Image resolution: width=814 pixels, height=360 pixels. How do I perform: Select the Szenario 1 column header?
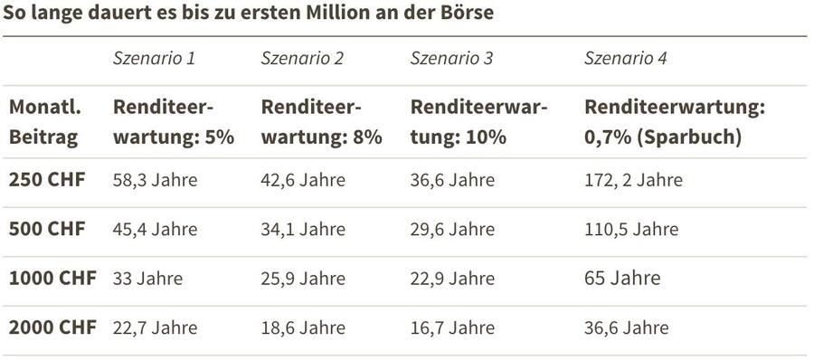pos(154,60)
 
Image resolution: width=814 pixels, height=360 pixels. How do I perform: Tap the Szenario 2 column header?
pos(302,60)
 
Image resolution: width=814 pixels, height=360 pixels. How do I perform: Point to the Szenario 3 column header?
pos(451,60)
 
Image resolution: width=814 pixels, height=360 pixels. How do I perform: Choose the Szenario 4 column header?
pos(626,60)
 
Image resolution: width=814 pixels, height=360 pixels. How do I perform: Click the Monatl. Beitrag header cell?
pos(45,122)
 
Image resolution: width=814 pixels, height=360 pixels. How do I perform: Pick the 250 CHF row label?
pos(47,179)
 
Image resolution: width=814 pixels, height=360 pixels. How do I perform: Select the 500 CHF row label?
pos(47,229)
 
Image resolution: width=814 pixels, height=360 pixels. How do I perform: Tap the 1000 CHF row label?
pos(52,278)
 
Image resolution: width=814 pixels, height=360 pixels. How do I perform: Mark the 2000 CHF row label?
pos(52,327)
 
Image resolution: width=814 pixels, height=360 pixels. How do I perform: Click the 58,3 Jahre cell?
pos(155,180)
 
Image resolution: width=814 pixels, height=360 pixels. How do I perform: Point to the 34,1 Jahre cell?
pos(303,229)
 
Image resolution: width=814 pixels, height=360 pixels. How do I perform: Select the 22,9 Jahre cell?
pos(452,278)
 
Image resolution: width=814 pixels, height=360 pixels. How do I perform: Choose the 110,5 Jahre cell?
pos(631,229)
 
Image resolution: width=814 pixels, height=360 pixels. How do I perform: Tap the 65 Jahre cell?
pos(622,278)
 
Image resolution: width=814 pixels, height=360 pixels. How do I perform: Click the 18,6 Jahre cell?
pos(303,327)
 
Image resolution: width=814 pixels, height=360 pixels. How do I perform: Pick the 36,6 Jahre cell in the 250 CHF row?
pos(452,180)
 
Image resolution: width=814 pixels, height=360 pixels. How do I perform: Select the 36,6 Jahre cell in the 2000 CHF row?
pos(627,327)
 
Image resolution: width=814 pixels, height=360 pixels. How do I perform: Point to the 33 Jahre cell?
pos(147,278)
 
